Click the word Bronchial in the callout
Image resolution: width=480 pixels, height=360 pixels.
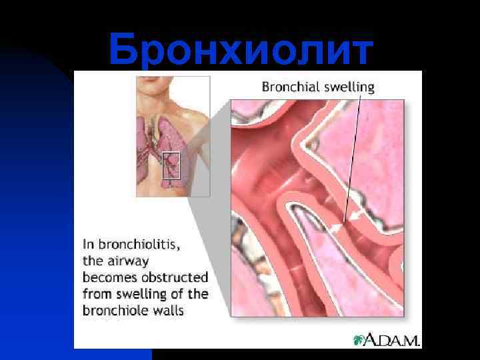(x=285, y=87)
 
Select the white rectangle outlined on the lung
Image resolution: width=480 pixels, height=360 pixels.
(x=171, y=165)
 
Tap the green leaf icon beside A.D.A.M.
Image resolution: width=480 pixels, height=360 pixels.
(x=361, y=340)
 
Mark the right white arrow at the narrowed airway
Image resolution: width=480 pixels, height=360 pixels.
(x=357, y=215)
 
